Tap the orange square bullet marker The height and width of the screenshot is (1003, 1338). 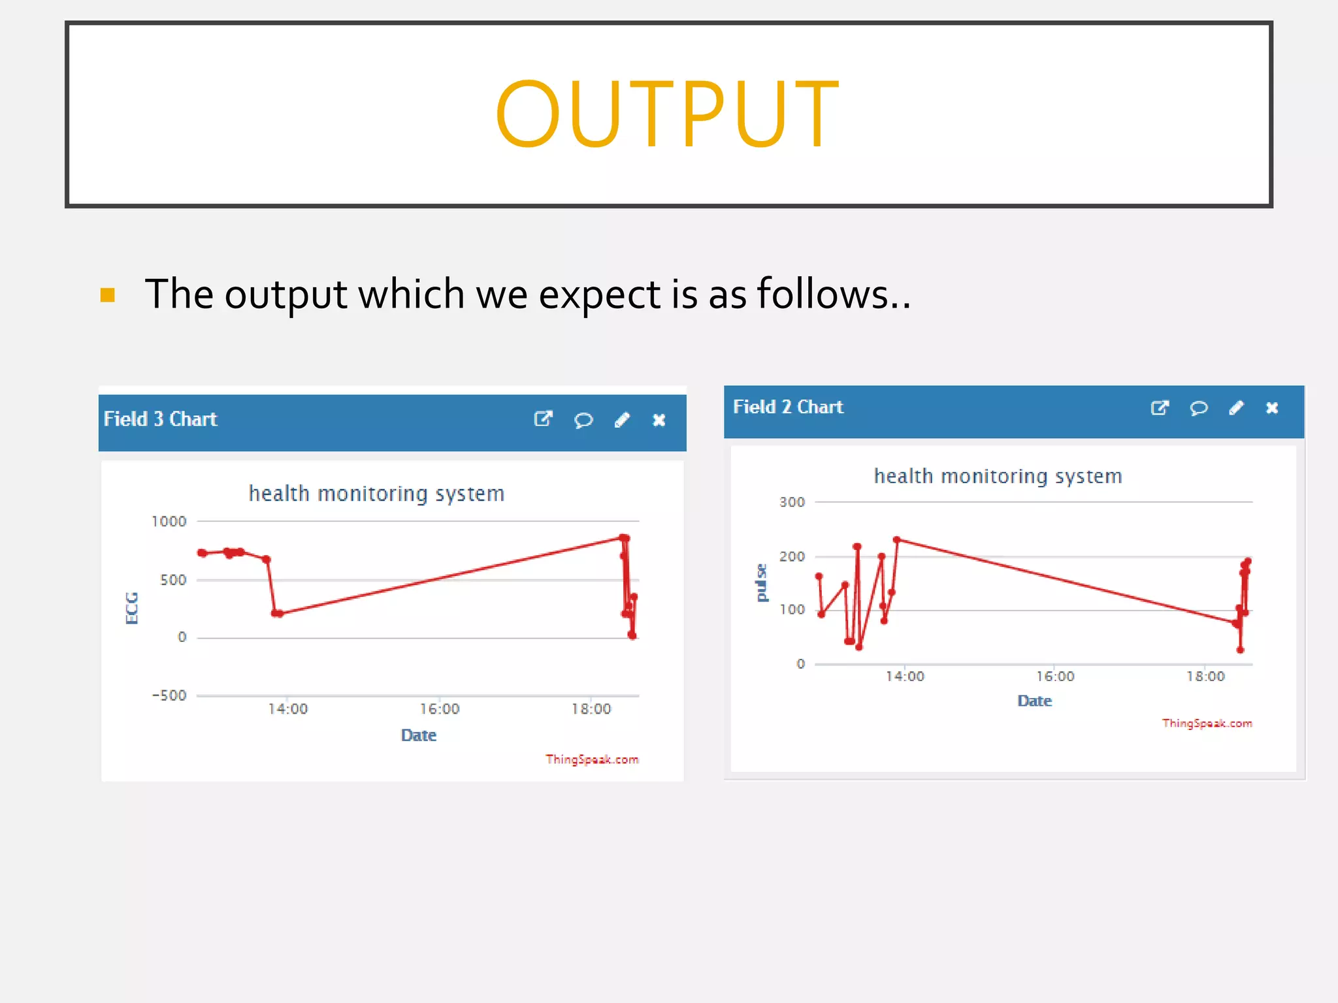tap(108, 295)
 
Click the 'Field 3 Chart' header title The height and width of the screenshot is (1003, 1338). tap(160, 419)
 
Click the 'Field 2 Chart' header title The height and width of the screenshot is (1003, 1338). tap(788, 407)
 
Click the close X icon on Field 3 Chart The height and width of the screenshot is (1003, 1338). tap(659, 420)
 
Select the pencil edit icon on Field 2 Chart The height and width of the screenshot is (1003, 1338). tap(1236, 408)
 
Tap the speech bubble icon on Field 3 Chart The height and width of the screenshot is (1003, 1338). tap(583, 420)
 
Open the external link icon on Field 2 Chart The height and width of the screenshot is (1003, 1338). tap(1159, 408)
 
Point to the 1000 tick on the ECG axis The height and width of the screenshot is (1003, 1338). tap(169, 521)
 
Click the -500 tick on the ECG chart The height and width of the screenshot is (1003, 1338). tap(169, 695)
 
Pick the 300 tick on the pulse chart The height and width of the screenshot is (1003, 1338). tap(792, 502)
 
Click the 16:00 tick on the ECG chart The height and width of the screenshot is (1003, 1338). tap(440, 709)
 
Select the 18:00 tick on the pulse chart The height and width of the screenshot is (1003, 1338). tap(1205, 677)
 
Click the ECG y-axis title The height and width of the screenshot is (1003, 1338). tap(132, 608)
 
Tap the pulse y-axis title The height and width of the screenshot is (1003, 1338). tap(761, 582)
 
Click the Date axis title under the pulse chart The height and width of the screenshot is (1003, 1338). tap(1035, 701)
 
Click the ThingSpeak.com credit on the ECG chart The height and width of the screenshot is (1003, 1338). tap(592, 759)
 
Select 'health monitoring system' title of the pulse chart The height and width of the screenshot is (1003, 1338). tap(998, 477)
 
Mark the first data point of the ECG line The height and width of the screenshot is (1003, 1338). tap(203, 553)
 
